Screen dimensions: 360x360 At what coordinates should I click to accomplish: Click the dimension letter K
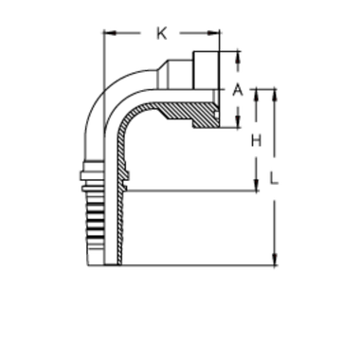pos(161,35)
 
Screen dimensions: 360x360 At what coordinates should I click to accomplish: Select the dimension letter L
pos(275,177)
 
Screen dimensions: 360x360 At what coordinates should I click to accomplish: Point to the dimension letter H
pos(255,141)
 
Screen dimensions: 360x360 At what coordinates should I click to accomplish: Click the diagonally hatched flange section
pos(194,112)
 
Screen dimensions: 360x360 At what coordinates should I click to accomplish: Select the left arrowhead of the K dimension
pos(107,34)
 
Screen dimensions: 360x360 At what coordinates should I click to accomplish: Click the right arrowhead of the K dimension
pos(220,34)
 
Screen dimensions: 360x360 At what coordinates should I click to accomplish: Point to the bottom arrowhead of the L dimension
pos(273,258)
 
